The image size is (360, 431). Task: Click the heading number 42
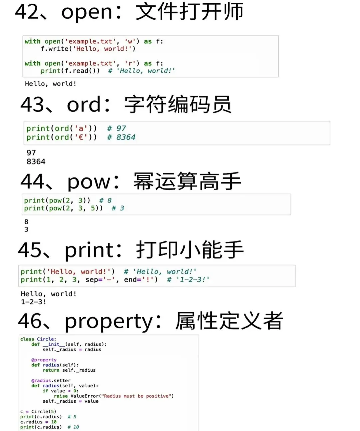[x=27, y=12]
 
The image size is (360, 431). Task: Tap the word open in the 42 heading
[x=87, y=13]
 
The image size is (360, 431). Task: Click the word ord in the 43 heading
[x=84, y=104]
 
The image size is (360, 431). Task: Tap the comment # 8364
[x=121, y=137]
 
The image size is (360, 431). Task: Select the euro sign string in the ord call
[x=81, y=137]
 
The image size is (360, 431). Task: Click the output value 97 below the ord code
[x=31, y=153]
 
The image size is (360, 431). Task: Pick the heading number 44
[x=32, y=181]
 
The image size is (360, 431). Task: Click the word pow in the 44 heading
[x=88, y=182]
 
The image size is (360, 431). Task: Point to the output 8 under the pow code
[x=26, y=222]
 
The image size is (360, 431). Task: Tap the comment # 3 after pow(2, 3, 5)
[x=118, y=208]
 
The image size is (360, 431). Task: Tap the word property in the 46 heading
[x=109, y=322]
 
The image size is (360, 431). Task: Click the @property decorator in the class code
[x=44, y=360]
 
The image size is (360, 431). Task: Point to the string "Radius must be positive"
[x=138, y=396]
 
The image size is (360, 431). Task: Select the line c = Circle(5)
[x=38, y=412]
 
